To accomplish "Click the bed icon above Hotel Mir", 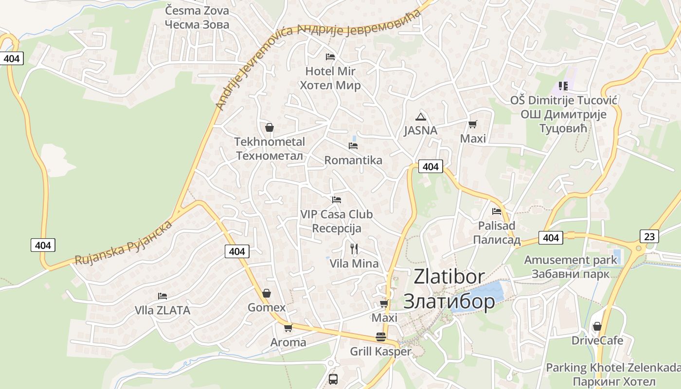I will (x=330, y=57).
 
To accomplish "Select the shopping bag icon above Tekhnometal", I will (x=269, y=128).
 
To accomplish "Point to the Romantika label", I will (x=353, y=160).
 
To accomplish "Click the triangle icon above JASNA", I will (x=421, y=117).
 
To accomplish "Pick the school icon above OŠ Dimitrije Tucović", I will (x=563, y=86).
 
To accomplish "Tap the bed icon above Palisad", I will (x=497, y=212).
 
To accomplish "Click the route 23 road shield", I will (x=649, y=236).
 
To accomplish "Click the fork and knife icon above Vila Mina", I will (x=354, y=249).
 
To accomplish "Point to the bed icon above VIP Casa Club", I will (x=337, y=200).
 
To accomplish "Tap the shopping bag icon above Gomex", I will (x=267, y=293).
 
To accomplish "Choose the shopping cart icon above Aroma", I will (x=288, y=328).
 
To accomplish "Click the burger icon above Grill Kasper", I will (x=381, y=337).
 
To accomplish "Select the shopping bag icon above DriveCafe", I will (x=597, y=326).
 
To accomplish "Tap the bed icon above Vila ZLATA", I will (x=162, y=296).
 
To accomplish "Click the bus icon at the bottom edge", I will (x=333, y=379).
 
